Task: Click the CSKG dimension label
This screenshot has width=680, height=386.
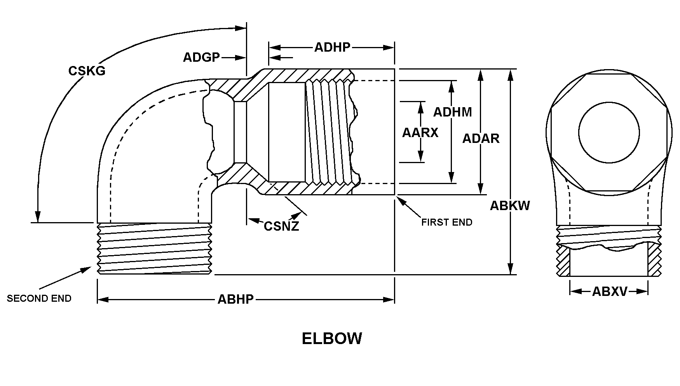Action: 87,71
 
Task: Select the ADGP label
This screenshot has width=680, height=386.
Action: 201,57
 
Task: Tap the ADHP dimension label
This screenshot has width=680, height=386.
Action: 332,47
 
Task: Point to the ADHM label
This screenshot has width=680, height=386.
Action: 452,112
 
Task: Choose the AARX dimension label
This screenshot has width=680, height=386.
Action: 420,133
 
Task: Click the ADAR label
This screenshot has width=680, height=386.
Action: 481,138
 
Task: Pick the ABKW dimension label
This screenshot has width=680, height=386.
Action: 510,205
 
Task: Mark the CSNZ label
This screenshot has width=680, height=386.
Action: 281,226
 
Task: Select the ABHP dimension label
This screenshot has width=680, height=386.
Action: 235,299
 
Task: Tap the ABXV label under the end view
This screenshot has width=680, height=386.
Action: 609,291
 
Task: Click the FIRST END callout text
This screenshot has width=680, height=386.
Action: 447,223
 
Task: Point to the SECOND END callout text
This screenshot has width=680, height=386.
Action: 39,298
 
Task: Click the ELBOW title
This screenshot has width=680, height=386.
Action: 332,338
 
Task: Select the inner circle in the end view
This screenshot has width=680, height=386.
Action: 609,132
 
